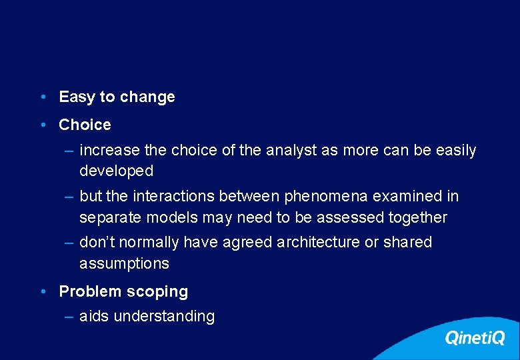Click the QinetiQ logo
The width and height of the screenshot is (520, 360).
pos(475,338)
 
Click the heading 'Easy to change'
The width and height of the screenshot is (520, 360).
pos(117,97)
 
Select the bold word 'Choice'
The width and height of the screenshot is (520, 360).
pos(85,125)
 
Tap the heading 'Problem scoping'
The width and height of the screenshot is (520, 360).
pos(123,291)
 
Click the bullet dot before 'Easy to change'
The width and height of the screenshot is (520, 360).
pos(42,97)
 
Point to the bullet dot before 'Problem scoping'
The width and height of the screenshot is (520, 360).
pos(42,291)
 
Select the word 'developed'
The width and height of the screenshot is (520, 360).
pos(116,171)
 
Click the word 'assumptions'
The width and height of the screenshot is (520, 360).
pos(124,263)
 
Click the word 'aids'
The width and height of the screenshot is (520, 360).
pos(94,317)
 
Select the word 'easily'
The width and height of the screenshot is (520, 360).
pos(456,151)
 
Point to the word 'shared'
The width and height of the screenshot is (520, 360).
pos(407,242)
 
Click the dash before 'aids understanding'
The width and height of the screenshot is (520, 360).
pos(69,317)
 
